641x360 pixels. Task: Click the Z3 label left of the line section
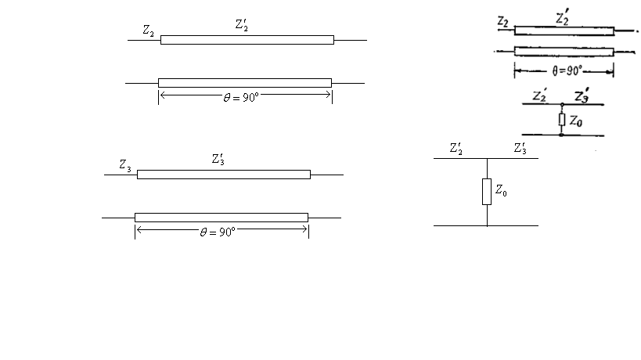tap(125, 165)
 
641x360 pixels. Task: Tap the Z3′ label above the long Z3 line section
tap(218, 159)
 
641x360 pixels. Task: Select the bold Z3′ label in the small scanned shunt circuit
tap(582, 95)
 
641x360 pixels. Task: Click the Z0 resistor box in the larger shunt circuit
tap(487, 192)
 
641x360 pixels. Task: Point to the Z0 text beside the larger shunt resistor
tap(501, 190)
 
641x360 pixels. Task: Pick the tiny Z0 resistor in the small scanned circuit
tap(562, 119)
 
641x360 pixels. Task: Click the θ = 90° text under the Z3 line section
tap(218, 232)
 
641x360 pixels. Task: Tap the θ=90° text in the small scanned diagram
tap(567, 71)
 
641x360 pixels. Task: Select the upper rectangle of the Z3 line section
tap(224, 175)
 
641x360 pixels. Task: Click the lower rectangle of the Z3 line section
tap(221, 218)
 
